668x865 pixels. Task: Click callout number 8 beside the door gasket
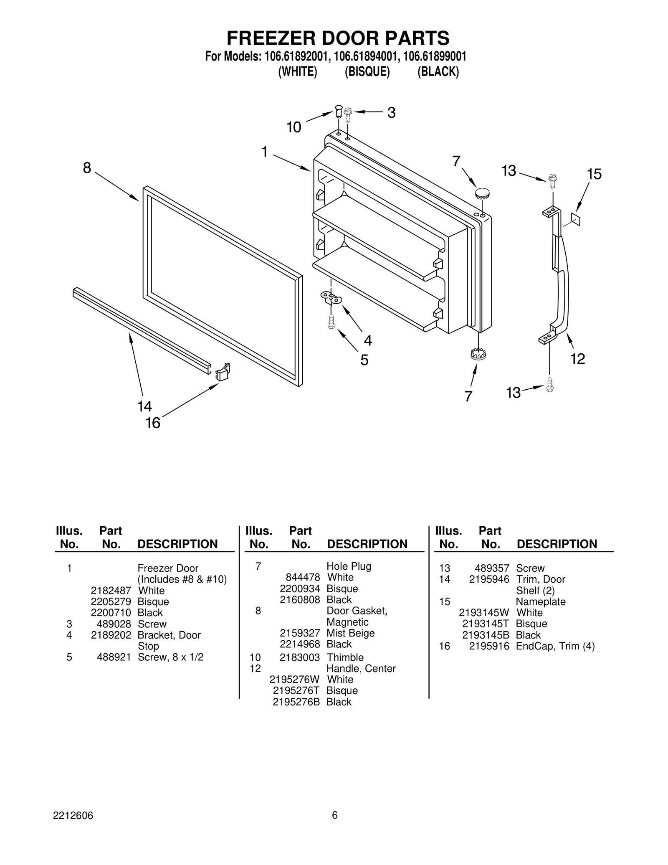(87, 168)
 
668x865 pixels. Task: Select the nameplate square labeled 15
(575, 218)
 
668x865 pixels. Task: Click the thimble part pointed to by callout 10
(339, 112)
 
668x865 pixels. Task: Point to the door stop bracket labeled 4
(331, 297)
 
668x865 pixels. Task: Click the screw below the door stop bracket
(331, 321)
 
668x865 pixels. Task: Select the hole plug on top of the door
(482, 193)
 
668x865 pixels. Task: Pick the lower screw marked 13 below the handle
(550, 384)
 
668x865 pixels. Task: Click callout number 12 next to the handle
(578, 358)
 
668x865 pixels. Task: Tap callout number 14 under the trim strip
(144, 406)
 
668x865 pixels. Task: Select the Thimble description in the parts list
(345, 657)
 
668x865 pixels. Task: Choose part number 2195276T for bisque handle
(296, 690)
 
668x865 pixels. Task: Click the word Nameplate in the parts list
(541, 601)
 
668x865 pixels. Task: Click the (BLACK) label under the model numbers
(438, 72)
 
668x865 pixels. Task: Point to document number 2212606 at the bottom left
(73, 815)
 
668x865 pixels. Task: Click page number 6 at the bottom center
(334, 815)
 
